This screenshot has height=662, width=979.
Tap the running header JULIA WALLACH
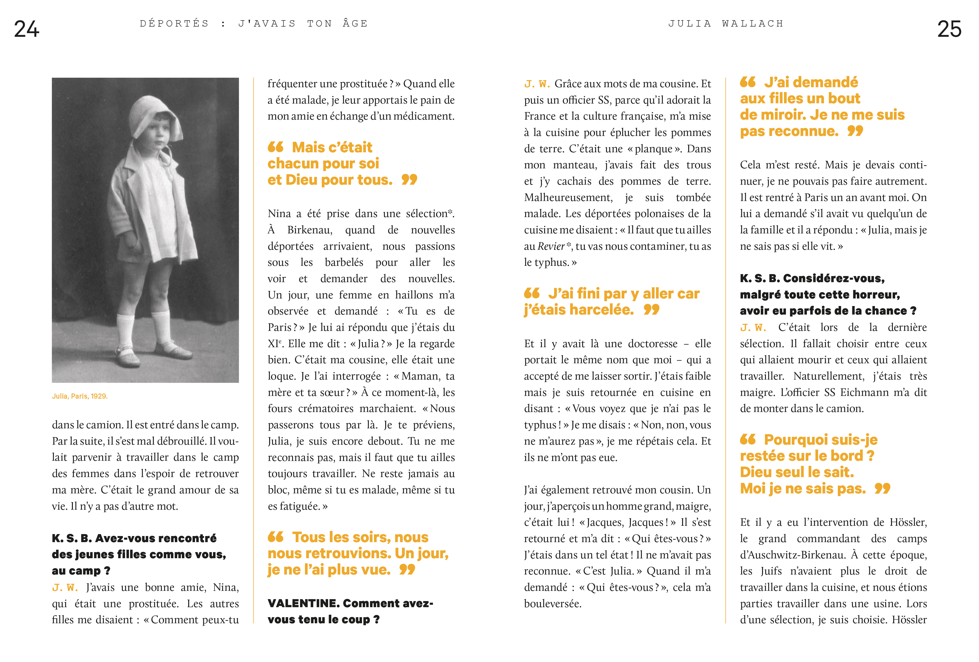coord(726,24)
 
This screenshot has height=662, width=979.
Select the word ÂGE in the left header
coord(355,24)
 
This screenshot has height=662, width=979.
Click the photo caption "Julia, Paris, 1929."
coord(80,396)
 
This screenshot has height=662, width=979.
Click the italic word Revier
coord(551,246)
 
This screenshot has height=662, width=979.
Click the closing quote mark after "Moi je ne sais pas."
coord(882,489)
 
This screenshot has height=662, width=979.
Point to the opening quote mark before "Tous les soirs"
coord(275,537)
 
